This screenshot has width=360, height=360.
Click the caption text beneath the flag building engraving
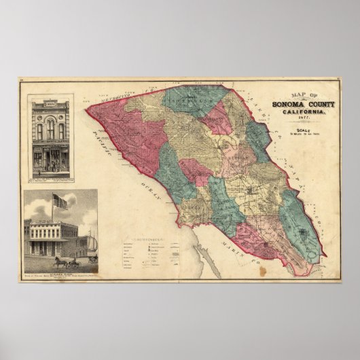[x=59, y=270]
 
